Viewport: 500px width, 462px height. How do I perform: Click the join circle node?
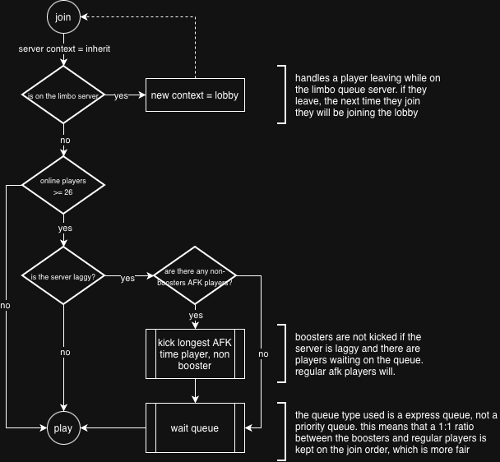coord(63,17)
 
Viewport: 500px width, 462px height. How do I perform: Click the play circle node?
coord(63,428)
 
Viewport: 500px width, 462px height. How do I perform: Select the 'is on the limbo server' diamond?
coord(63,95)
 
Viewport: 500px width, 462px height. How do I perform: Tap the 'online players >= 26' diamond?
coord(63,186)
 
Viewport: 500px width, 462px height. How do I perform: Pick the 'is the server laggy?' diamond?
coord(63,276)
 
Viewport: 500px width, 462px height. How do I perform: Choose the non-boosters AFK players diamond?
coord(195,276)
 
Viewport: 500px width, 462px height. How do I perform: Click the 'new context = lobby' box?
coord(195,95)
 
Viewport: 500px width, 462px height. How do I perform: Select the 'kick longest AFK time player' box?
coord(195,353)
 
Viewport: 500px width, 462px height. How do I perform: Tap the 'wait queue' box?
coord(195,428)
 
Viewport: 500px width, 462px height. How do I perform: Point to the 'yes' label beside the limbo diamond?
coord(121,96)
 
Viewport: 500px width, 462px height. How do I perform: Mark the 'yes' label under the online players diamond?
coord(64,228)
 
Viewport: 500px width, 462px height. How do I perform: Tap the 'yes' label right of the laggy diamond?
coord(127,278)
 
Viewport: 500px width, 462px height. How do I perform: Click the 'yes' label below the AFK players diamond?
coord(196,315)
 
